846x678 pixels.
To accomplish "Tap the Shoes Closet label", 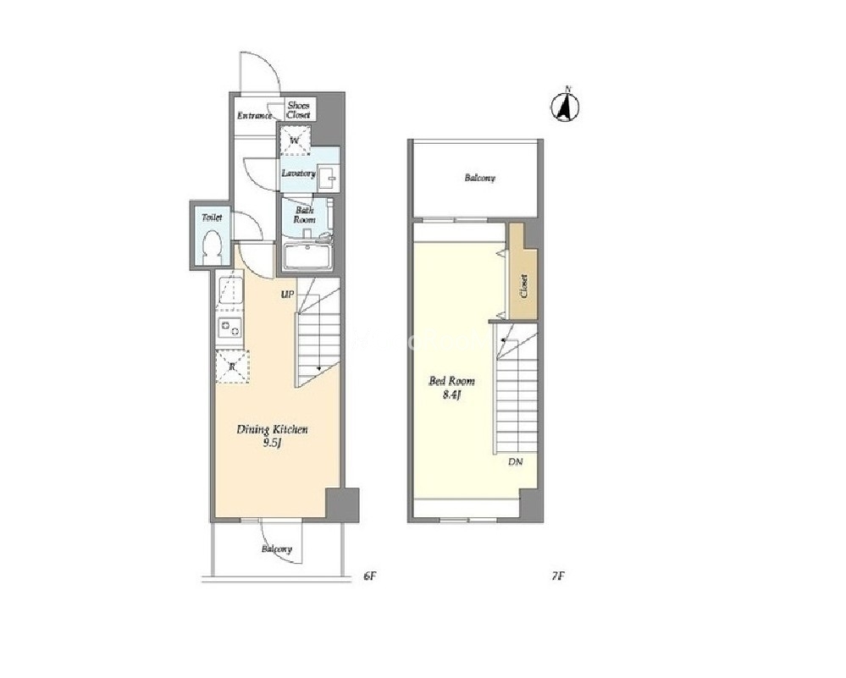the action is click(298, 110).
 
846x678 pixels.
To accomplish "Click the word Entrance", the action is click(255, 115).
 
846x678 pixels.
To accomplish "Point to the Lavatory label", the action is click(298, 174).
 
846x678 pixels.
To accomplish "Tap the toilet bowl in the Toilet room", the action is click(212, 247).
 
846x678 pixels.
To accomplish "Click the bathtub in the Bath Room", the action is click(307, 256).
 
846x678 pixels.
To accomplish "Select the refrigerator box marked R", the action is click(232, 367).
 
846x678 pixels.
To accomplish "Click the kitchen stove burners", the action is click(229, 328).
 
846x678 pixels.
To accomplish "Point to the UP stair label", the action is click(287, 295).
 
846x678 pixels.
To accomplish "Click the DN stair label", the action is click(515, 461).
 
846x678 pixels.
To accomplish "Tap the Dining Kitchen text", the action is click(273, 430).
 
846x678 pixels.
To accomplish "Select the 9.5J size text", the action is click(273, 444).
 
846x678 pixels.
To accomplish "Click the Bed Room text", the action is click(451, 382).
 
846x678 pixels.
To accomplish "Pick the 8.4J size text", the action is click(451, 394).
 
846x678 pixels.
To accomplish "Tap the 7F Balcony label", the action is click(479, 178).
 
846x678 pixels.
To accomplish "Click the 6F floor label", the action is click(369, 576).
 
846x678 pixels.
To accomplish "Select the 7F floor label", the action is click(558, 576).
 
